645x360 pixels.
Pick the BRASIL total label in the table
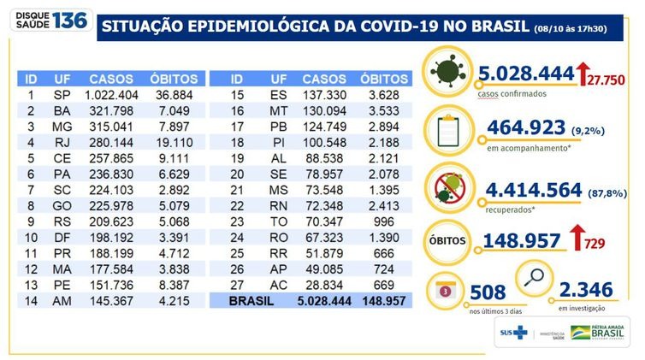click(253, 302)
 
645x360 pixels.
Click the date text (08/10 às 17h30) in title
click(583, 29)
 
